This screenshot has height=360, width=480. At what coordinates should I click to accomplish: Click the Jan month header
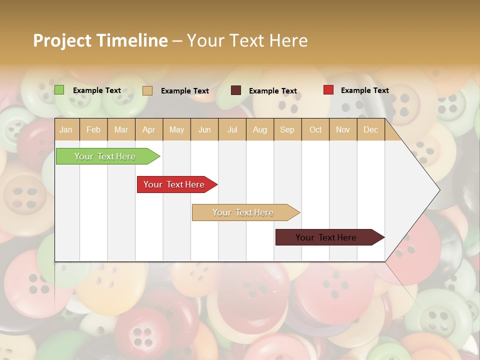pos(66,130)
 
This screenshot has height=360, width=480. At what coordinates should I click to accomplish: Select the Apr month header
pos(148,130)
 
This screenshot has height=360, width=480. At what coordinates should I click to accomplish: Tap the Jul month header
pos(232,130)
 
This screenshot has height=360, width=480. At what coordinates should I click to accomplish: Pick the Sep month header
pos(287,130)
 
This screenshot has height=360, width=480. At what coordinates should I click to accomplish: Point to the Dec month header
pos(370,130)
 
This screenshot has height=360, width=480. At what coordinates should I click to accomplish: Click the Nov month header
pos(342,130)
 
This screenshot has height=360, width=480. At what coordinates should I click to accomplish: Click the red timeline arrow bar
pos(175,184)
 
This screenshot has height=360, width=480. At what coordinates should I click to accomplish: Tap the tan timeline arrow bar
pos(244,212)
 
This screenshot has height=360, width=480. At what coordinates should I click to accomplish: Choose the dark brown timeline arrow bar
pos(327,237)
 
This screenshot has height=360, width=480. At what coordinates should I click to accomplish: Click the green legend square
pos(59,90)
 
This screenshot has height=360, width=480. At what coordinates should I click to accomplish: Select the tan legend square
pos(147,90)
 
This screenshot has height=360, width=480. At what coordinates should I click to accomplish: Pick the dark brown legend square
pos(236,90)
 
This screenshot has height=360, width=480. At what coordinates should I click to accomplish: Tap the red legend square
pos(328,90)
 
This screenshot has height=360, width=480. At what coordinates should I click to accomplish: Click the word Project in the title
pos(62,41)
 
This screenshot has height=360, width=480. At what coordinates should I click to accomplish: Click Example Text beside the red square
pos(364,90)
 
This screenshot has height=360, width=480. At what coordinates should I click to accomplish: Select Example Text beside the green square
pos(97,90)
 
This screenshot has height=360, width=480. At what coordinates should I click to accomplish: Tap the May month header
pos(176,130)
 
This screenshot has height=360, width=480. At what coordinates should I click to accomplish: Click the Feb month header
pos(93,130)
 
